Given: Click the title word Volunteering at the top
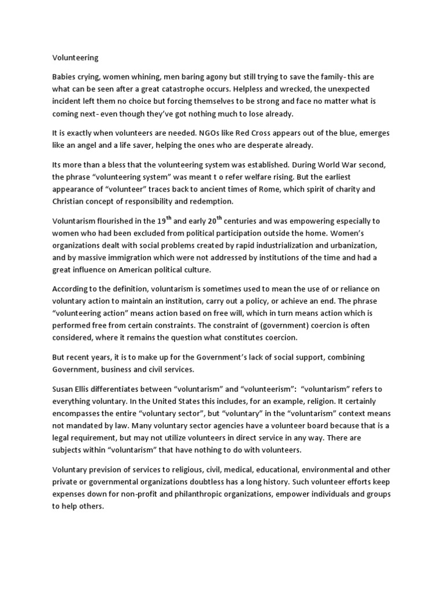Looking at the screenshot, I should [x=76, y=58].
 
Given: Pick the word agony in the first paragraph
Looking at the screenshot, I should [x=217, y=77].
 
